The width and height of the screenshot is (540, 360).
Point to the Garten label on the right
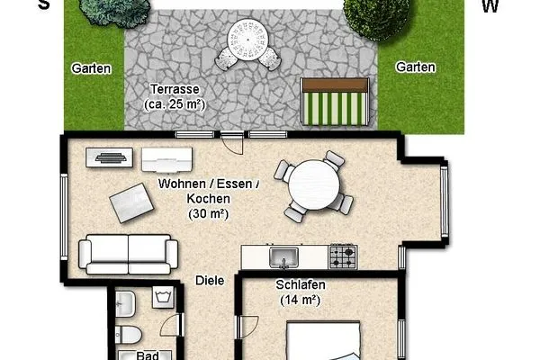click(416, 67)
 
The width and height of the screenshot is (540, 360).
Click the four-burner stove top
click(343, 256)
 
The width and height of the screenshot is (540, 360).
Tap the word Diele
click(210, 281)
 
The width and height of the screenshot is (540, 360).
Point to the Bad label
click(148, 355)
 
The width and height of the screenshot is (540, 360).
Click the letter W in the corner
click(490, 6)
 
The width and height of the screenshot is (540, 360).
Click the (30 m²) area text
click(208, 213)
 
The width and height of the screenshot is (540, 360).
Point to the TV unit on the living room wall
click(109, 157)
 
